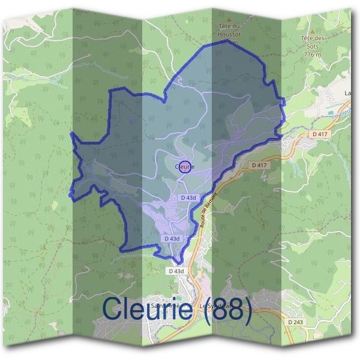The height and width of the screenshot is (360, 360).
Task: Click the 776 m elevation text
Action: click(312, 55)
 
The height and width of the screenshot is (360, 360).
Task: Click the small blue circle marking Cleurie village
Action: click(185, 167)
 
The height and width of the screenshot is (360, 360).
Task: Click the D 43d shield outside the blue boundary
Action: click(176, 271)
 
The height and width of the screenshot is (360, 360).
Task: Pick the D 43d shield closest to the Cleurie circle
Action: click(188, 197)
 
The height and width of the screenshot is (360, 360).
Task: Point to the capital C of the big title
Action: click(113, 309)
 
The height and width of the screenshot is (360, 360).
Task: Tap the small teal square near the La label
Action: click(331, 111)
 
